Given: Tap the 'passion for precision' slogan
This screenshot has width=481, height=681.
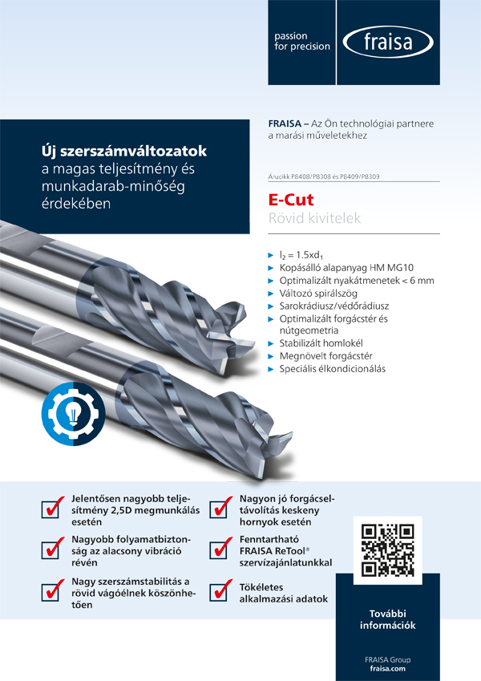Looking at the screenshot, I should pos(301,42).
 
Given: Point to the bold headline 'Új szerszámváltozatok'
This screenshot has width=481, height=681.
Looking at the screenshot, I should pos(123,151).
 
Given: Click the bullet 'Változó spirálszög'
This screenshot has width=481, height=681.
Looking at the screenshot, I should pos(321,294).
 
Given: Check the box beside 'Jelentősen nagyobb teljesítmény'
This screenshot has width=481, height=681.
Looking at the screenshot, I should pos(53,509).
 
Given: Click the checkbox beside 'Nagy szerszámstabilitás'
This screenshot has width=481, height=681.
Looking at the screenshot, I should pos(53,592).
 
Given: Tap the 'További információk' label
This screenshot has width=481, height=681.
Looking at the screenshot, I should pos(387,618).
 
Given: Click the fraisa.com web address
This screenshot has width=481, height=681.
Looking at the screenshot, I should pos(387,667).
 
